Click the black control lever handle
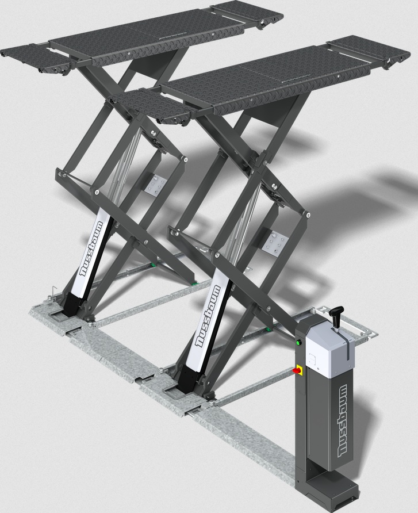tap(336, 312)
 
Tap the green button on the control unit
tap(298, 343)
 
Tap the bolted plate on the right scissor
tap(275, 243)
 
